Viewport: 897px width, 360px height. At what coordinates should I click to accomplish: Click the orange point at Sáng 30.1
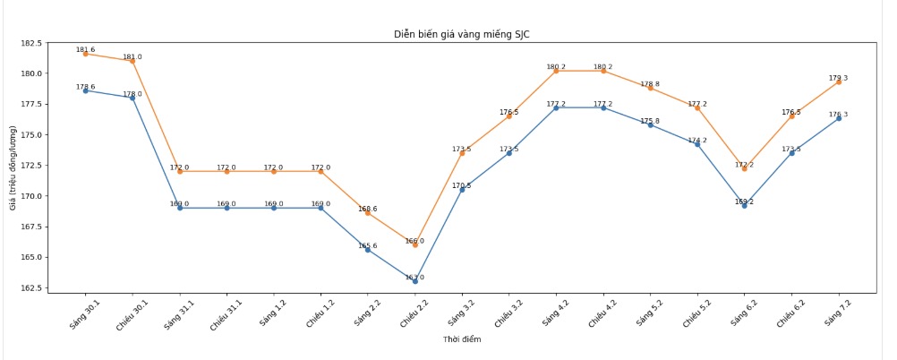tap(86, 54)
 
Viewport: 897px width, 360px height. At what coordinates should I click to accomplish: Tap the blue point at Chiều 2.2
tap(415, 280)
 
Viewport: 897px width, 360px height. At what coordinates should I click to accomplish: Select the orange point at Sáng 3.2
tap(462, 153)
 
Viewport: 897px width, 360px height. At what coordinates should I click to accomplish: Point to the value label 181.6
tap(86, 50)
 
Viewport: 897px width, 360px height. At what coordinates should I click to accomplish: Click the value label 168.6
tap(368, 209)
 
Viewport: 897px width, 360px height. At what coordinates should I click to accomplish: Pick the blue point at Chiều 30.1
tap(132, 98)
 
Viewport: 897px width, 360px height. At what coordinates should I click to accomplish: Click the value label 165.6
tap(368, 245)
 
